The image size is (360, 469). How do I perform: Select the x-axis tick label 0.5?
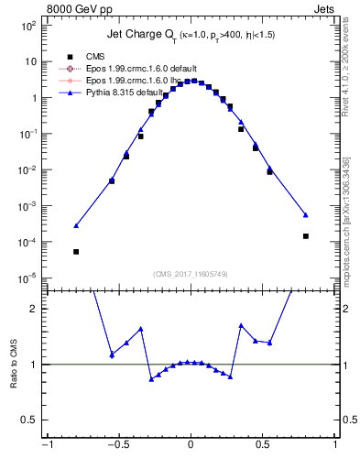(263, 445)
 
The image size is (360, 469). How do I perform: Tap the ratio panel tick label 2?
(32, 309)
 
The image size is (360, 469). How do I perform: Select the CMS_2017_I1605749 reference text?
(190, 274)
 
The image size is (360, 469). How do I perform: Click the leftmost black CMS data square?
(76, 251)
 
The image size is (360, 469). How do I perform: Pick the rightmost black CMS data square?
(305, 235)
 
